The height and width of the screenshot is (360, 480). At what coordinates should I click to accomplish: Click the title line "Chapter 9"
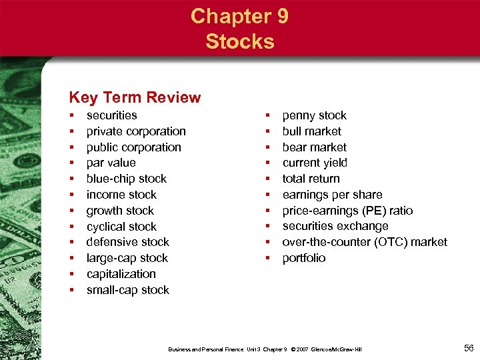tap(239, 16)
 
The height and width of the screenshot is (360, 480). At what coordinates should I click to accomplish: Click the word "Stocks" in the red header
tap(239, 41)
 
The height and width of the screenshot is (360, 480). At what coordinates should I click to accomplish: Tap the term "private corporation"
tap(136, 131)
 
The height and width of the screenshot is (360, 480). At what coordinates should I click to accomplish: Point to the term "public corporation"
tap(133, 147)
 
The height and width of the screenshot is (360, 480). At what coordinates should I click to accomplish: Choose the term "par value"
tap(111, 163)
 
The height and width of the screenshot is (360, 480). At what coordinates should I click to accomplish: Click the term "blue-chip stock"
tap(127, 179)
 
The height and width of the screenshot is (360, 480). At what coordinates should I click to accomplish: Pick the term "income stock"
tap(121, 195)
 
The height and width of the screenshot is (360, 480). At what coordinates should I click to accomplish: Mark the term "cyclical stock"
tap(121, 227)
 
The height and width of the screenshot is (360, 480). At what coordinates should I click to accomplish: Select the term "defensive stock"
tap(128, 242)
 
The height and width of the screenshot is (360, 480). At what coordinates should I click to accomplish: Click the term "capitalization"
tap(121, 274)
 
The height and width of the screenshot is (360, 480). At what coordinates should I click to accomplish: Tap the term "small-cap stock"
tap(128, 290)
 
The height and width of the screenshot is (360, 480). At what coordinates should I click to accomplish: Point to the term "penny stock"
tap(315, 115)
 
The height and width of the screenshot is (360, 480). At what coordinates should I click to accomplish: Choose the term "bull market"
tap(311, 131)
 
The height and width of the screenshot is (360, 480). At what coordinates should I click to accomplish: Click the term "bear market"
tap(315, 147)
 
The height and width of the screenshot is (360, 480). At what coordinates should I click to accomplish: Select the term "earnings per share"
tap(332, 195)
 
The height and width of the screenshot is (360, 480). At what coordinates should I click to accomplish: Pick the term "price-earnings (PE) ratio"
tap(347, 211)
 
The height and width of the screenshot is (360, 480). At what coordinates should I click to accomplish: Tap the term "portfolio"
tap(304, 258)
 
